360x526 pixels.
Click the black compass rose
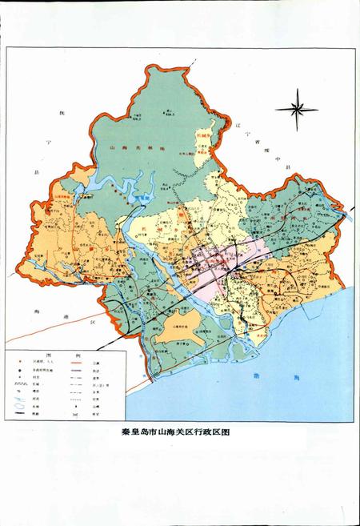point(295,107)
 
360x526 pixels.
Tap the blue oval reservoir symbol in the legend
point(18,405)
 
